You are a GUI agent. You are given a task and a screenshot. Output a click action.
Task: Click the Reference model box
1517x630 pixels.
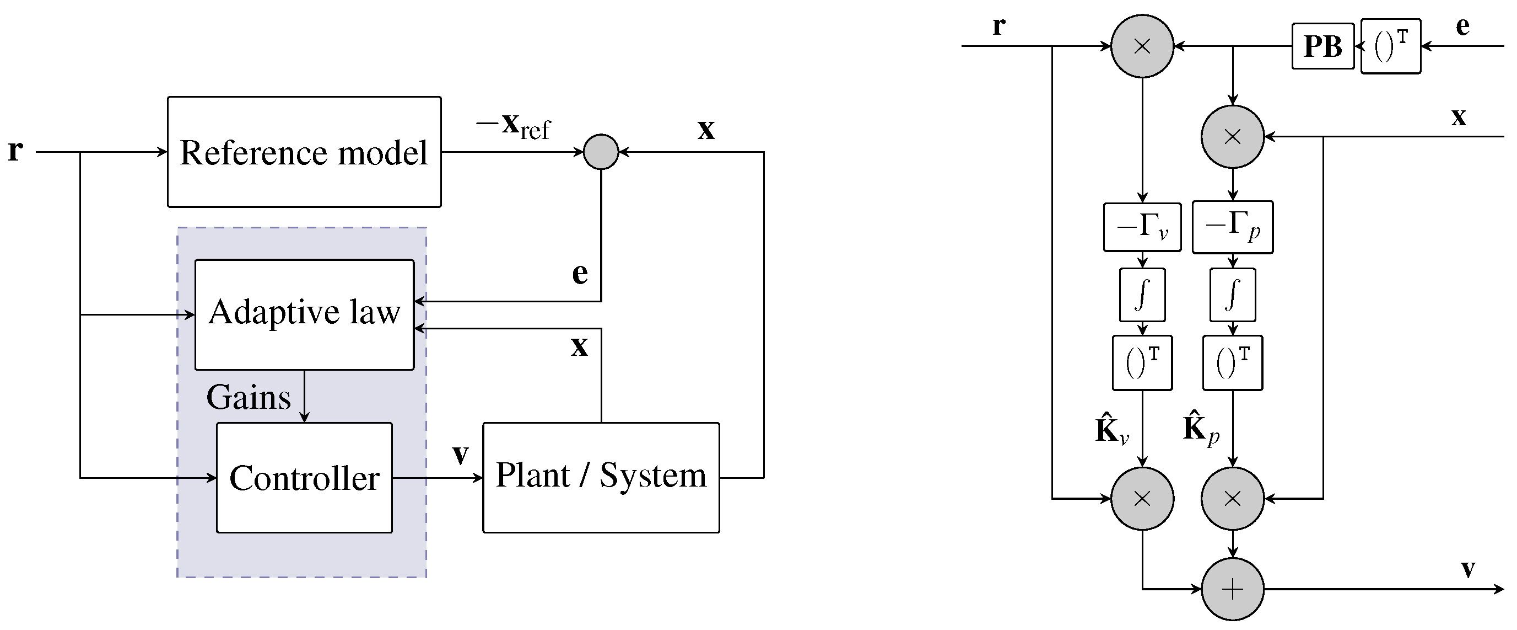[x=304, y=152]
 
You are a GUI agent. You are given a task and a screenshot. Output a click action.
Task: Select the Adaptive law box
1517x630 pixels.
[x=304, y=314]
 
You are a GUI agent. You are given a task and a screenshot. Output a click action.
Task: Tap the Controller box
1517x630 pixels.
[x=304, y=477]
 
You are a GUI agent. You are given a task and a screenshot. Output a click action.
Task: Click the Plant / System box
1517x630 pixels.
[x=601, y=477]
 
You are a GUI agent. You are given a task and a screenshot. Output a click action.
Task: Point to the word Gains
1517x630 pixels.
[x=249, y=398]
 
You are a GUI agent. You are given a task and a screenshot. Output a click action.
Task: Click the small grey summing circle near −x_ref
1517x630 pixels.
[x=601, y=152]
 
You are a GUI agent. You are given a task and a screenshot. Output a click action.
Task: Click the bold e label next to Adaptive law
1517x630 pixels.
[x=580, y=273]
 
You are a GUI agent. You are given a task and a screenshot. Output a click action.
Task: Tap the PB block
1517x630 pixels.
[x=1322, y=46]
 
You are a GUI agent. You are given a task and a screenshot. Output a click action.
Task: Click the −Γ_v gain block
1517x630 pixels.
[x=1142, y=227]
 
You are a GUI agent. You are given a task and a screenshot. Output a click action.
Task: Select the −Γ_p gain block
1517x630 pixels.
[x=1233, y=227]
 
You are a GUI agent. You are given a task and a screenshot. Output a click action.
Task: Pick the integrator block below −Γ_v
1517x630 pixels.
[x=1142, y=295]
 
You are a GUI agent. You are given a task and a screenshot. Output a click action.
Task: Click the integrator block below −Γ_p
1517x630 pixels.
[x=1233, y=295]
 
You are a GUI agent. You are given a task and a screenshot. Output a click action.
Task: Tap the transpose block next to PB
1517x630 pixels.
[x=1390, y=46]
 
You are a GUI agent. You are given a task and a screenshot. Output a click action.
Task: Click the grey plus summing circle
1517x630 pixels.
[x=1233, y=589]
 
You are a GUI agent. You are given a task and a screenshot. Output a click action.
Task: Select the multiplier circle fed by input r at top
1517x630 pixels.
[x=1142, y=46]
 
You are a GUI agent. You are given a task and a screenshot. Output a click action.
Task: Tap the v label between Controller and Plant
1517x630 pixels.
[x=460, y=454]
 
